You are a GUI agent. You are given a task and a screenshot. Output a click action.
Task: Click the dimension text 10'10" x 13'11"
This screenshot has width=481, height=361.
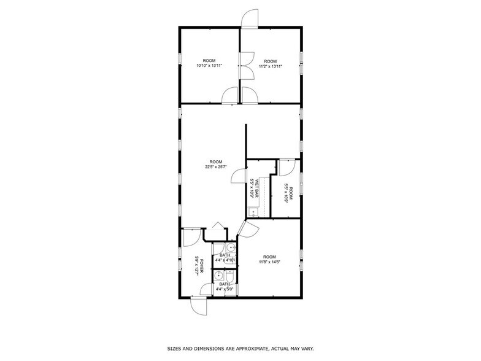point(209,66)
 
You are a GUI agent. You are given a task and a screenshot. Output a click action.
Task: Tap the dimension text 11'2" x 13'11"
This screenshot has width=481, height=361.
point(270,66)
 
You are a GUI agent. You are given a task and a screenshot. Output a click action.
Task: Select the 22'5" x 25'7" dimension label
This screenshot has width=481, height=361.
point(215,166)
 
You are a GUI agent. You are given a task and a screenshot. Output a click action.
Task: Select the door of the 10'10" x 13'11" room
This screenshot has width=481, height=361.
point(229,96)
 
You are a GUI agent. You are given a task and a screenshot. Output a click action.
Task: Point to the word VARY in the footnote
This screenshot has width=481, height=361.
point(306,349)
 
